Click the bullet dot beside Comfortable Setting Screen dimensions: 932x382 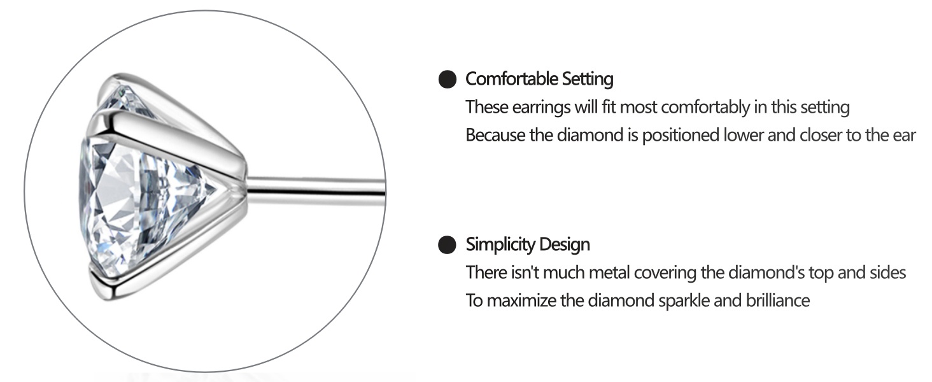(x=448, y=79)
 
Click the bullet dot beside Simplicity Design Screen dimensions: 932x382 (x=448, y=244)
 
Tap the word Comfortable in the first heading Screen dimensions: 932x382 (x=511, y=79)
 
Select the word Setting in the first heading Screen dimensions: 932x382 (x=588, y=80)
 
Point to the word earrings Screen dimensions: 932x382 (x=541, y=108)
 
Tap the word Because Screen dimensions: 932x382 (x=495, y=135)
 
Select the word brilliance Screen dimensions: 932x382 (x=778, y=301)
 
